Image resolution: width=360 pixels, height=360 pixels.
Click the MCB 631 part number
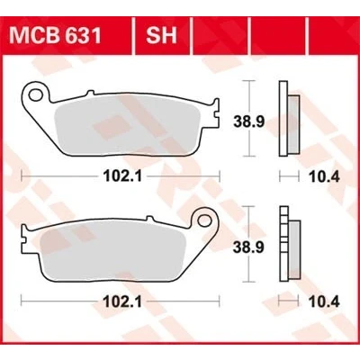pyautogui.click(x=55, y=36)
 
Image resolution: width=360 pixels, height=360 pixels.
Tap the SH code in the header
pyautogui.click(x=161, y=36)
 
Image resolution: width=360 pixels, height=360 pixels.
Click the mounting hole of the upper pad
pyautogui.click(x=35, y=94)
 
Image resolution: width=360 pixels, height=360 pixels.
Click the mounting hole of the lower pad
pyautogui.click(x=204, y=220)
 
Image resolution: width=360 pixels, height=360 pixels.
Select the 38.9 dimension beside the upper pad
pyautogui.click(x=248, y=121)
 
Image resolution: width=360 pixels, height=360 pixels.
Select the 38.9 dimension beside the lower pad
pyautogui.click(x=248, y=247)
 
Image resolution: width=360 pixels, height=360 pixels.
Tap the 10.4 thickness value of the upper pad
pyautogui.click(x=325, y=177)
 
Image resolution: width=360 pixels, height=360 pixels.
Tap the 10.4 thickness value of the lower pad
pyautogui.click(x=325, y=301)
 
